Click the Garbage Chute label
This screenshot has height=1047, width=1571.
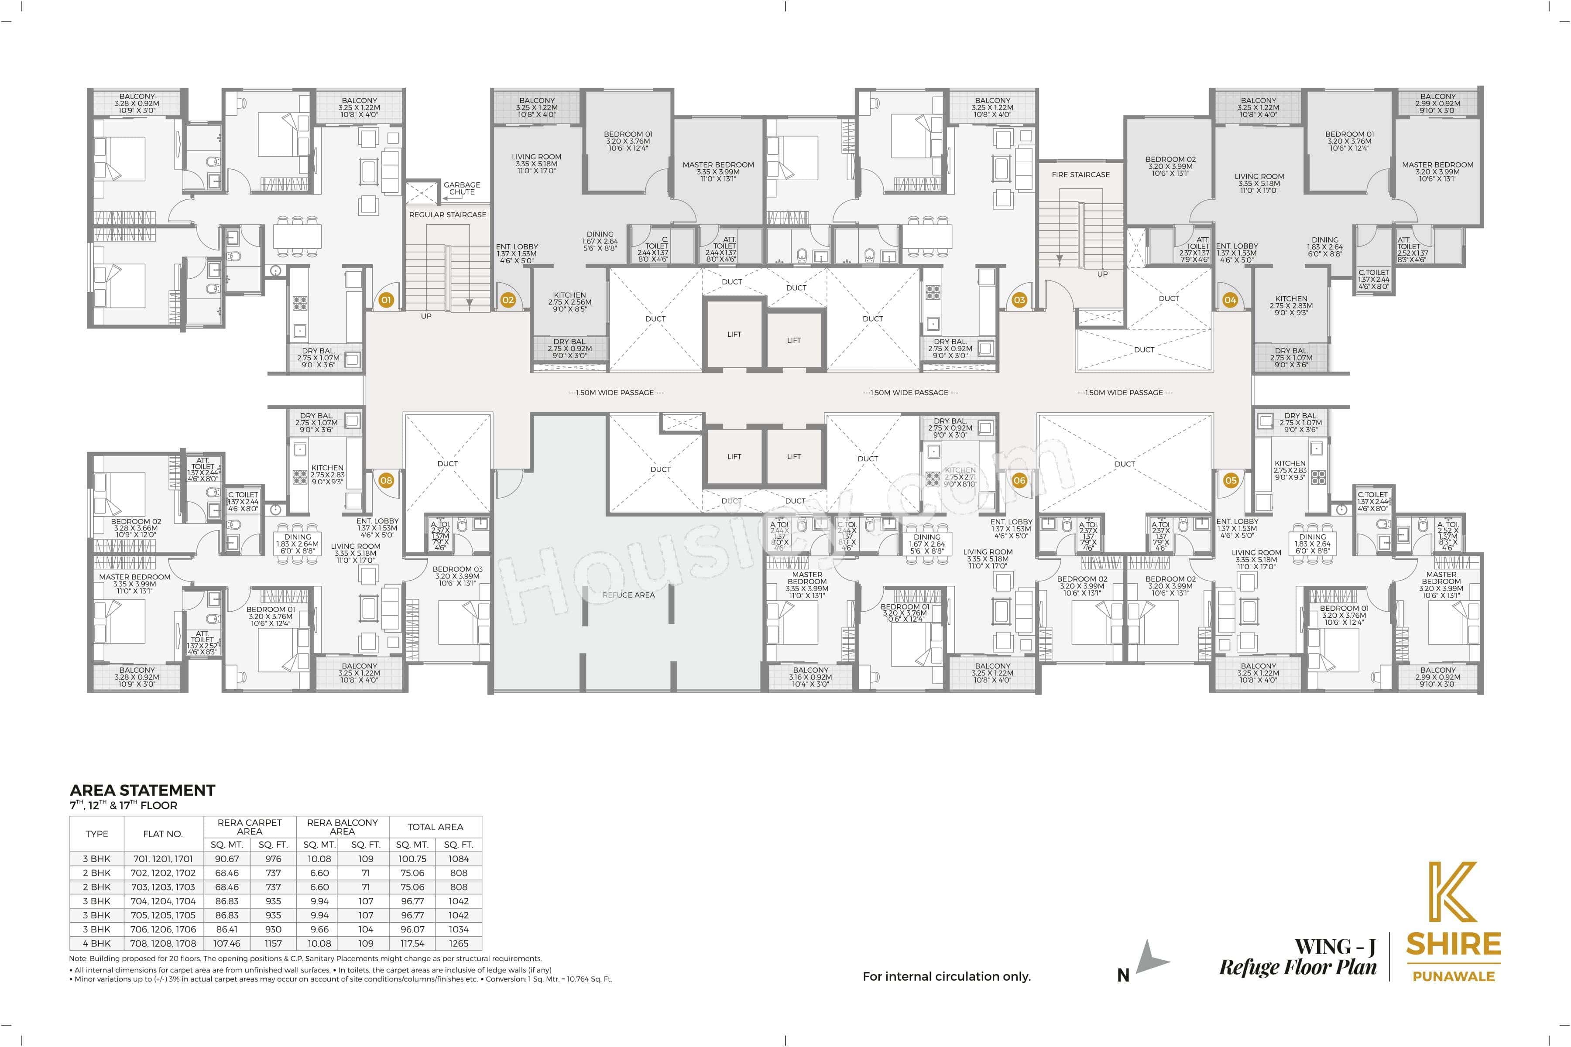(462, 188)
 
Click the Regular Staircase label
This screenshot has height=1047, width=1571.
(448, 215)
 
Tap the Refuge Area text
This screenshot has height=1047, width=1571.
(628, 595)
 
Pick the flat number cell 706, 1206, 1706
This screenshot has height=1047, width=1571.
(163, 930)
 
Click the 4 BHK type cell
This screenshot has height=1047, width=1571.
(97, 944)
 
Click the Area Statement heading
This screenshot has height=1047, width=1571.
(142, 790)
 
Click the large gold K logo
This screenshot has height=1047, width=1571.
(1452, 891)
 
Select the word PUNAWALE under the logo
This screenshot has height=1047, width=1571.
(1454, 976)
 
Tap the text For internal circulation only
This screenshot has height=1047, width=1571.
(947, 976)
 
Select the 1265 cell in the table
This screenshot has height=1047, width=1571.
(459, 944)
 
